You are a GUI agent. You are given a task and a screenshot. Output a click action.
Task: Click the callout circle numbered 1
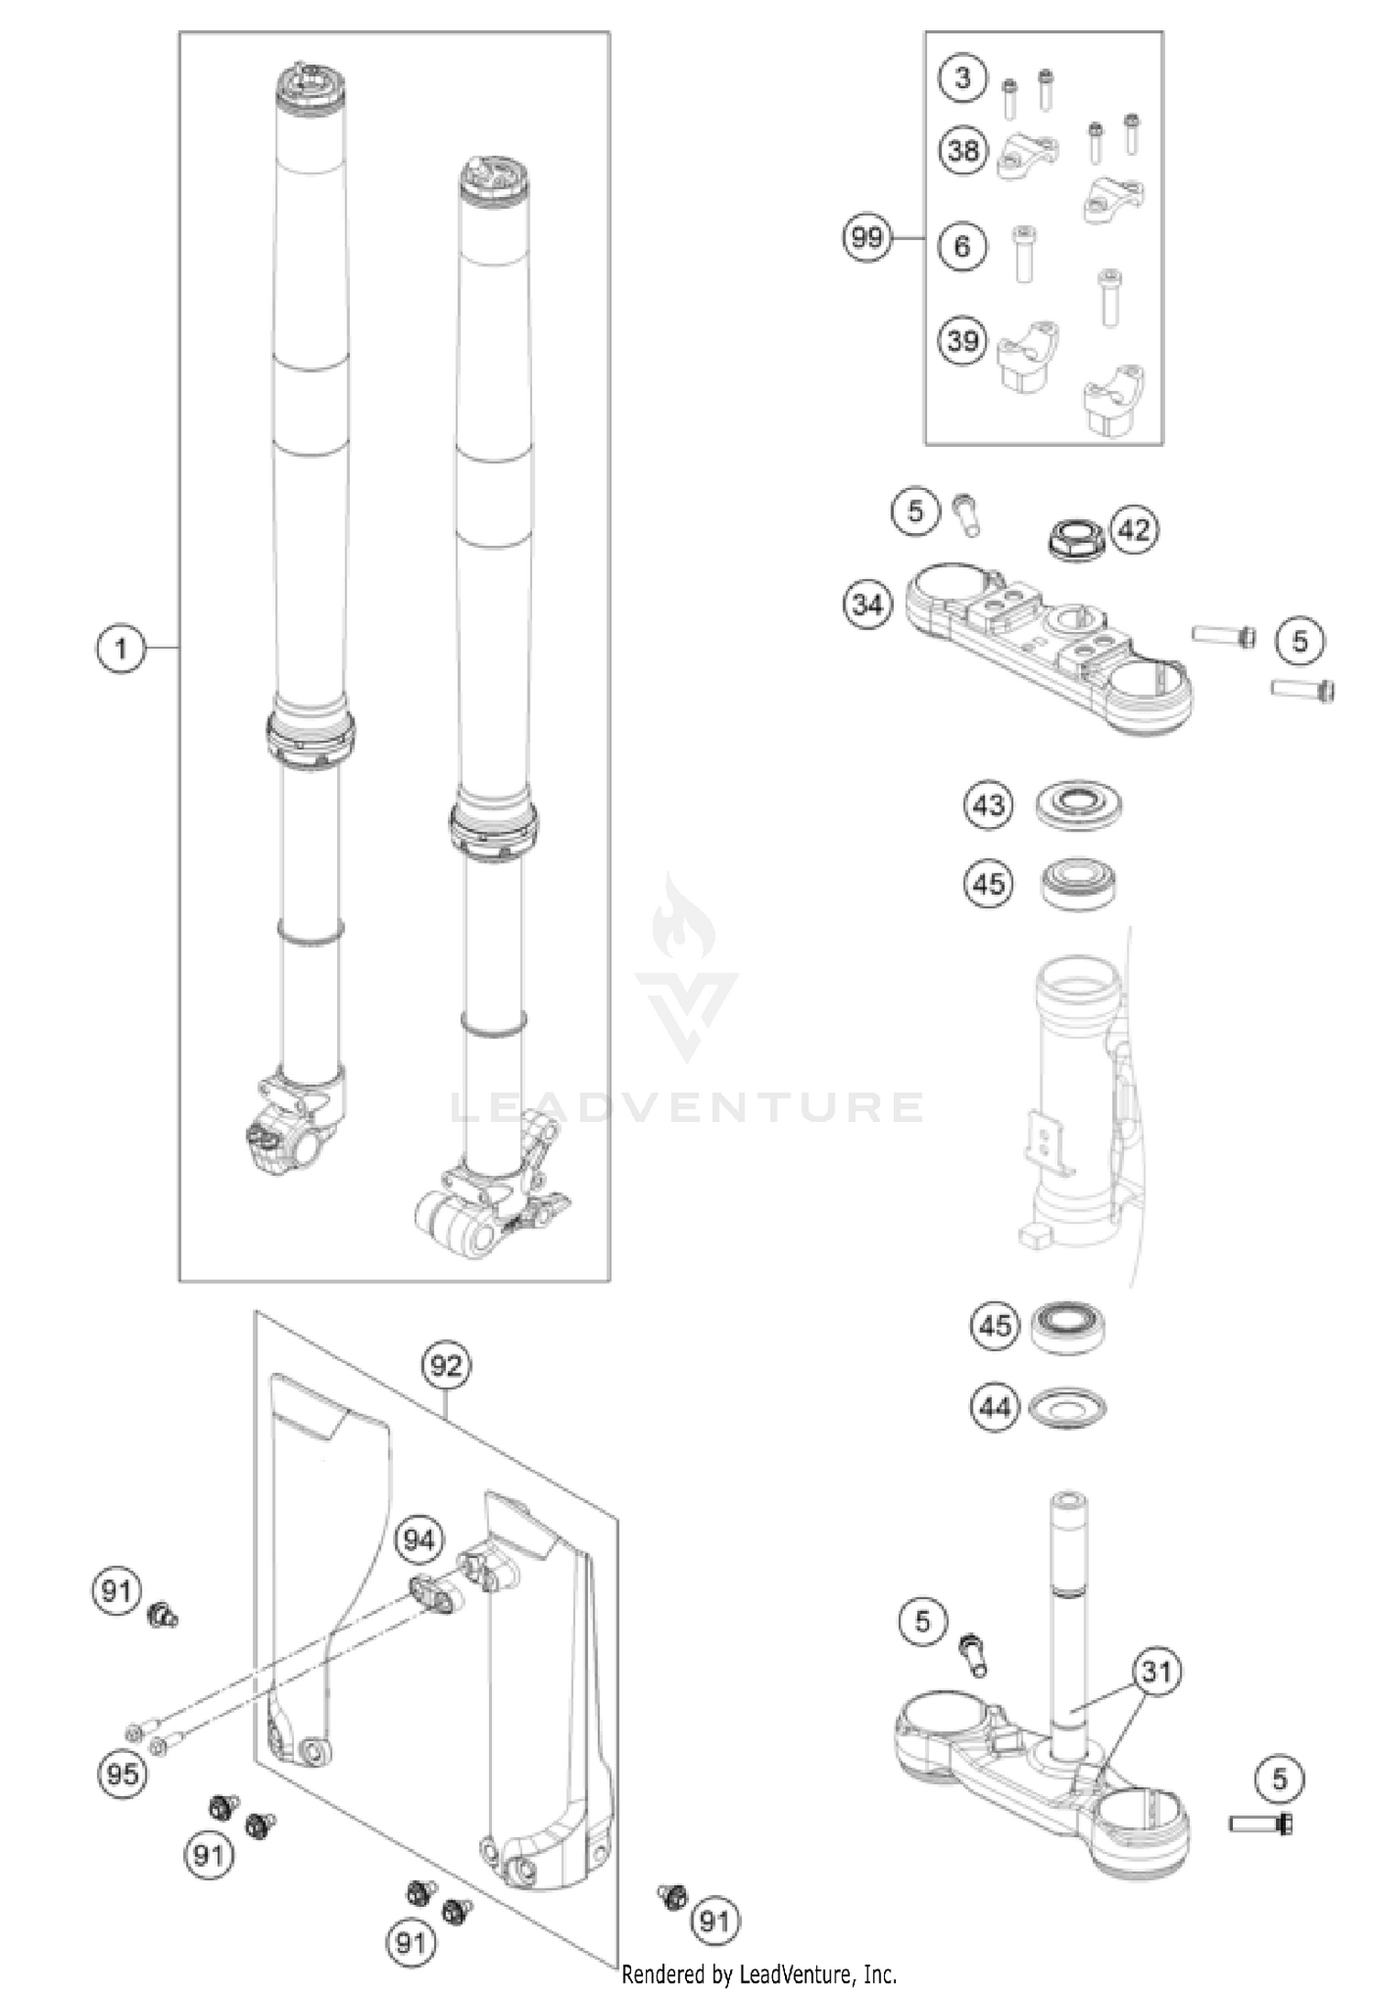pos(121,649)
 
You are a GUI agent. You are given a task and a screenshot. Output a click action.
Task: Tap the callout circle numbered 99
pos(867,238)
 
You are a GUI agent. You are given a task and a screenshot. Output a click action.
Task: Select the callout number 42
pos(1134,529)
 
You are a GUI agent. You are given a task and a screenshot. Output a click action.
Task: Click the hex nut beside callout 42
pos(1077,540)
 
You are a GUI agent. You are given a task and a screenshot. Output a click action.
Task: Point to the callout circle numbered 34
pos(867,604)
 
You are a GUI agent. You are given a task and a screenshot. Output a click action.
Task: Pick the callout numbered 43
pos(988,806)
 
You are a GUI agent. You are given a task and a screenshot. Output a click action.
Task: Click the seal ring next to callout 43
pos(1078,804)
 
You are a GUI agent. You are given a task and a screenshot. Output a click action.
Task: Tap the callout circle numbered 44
pos(995,1406)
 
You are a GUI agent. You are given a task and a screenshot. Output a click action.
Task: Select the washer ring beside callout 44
pos(1067,1406)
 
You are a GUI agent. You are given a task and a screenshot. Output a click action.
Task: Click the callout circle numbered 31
pos(1156,1672)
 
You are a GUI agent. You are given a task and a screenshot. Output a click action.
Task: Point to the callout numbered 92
pos(446,1367)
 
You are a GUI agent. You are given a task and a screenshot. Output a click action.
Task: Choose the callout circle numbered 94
pos(419,1541)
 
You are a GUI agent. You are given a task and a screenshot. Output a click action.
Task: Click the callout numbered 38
pos(963,150)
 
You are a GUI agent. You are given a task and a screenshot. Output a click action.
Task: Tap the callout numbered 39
pos(963,342)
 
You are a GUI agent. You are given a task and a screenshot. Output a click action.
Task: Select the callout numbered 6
pos(963,246)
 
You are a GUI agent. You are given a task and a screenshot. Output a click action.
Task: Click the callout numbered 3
pos(963,78)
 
